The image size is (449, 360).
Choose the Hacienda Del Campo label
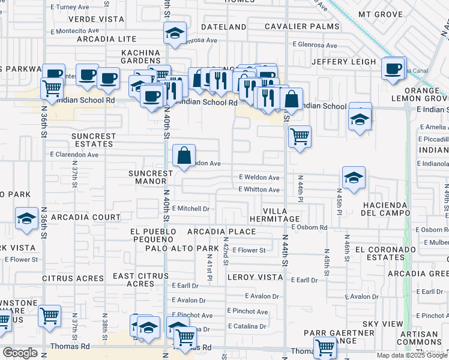[385, 209]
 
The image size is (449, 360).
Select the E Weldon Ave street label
[259, 178]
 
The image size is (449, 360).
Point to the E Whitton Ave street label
[259, 190]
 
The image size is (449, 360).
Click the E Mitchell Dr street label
[190, 209]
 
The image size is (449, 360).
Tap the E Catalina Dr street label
[247, 326]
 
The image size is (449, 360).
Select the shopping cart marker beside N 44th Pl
[299, 136]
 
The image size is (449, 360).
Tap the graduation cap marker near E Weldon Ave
[354, 178]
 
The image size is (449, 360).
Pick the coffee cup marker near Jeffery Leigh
[394, 68]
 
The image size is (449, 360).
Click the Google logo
[20, 353]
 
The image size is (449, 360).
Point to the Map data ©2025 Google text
[412, 355]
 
